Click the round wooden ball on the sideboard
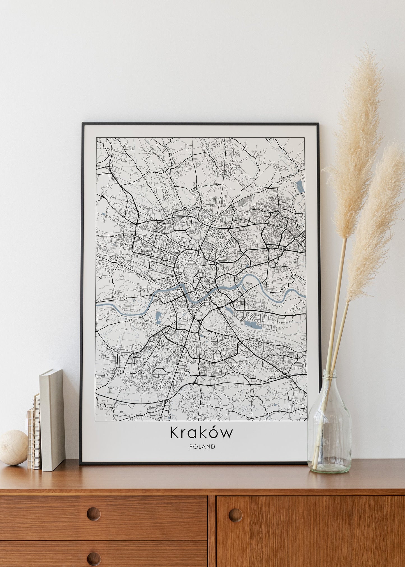tap(13, 452)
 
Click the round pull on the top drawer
tap(93, 514)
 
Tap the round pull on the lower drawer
tap(93, 558)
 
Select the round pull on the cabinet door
tap(235, 515)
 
